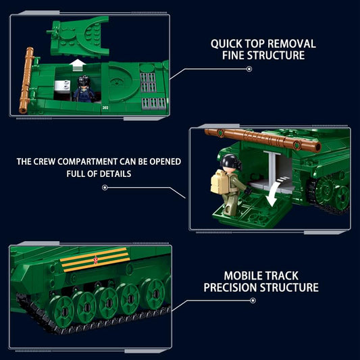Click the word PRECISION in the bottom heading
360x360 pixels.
(x=230, y=288)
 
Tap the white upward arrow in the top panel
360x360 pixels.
(x=78, y=65)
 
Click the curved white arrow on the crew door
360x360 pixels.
(x=275, y=192)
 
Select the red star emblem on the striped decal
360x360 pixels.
(x=95, y=260)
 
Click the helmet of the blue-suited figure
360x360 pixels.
(x=83, y=81)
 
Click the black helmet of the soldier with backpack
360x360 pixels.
(x=230, y=161)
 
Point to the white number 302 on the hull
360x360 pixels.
(x=105, y=107)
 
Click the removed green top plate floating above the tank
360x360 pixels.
(x=78, y=36)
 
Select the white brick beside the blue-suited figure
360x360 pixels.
(x=62, y=86)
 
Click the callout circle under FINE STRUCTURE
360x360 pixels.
(x=249, y=69)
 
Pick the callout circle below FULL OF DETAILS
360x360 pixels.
(x=105, y=188)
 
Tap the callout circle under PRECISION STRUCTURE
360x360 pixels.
(x=253, y=301)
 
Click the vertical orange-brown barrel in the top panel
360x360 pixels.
(x=26, y=80)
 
